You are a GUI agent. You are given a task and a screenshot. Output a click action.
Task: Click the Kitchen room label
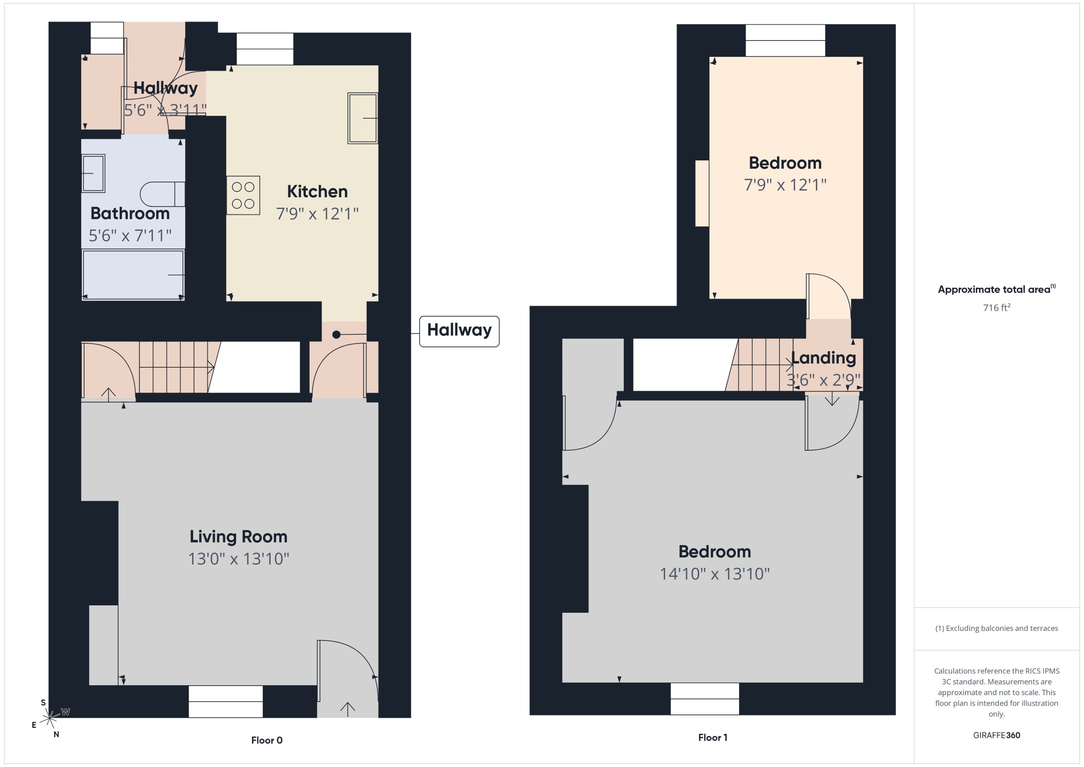pos(317,192)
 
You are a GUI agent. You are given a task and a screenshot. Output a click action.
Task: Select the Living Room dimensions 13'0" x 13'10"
pos(238,559)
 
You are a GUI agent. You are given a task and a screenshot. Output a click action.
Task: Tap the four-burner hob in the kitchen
pos(243,195)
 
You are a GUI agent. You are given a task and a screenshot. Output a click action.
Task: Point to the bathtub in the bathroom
pos(133,275)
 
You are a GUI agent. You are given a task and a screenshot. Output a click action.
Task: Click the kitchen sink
pos(362,118)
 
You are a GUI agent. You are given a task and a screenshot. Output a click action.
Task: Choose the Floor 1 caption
pos(712,737)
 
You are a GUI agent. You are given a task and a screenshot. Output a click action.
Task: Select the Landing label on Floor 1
pos(823,358)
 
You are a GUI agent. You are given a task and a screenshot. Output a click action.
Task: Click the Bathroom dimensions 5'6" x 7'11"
pos(130,235)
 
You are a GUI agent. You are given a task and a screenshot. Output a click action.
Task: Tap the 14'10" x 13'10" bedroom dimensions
pos(714,574)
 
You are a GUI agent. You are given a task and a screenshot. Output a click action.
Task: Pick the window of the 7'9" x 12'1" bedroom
pos(785,41)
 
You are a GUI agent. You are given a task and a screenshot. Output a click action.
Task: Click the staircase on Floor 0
pos(175,368)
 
